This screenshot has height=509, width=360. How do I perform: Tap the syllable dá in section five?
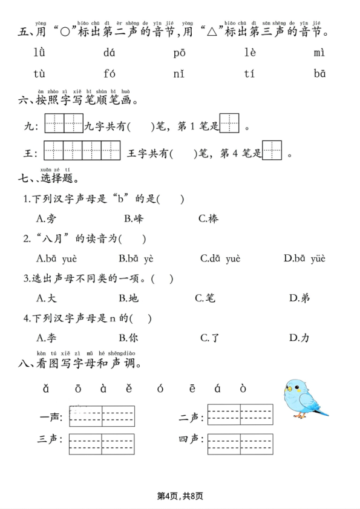109,53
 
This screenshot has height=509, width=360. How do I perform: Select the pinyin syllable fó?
109,74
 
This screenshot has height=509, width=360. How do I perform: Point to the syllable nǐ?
178,74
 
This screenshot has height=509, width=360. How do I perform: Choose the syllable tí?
249,74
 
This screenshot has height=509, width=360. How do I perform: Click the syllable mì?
319,53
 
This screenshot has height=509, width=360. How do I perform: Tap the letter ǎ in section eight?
45,388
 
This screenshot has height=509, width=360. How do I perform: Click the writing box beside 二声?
240,415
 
